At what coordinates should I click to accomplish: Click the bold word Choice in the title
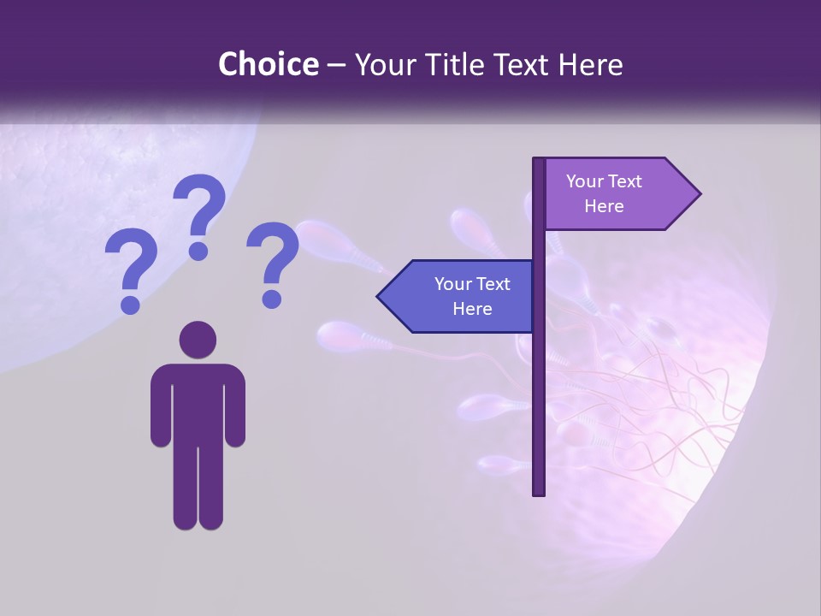[268, 65]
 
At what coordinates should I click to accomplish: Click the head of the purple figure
[198, 340]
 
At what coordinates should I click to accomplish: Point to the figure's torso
[198, 402]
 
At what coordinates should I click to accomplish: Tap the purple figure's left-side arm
[161, 406]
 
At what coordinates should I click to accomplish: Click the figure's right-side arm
[234, 406]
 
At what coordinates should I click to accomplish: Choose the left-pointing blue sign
[462, 296]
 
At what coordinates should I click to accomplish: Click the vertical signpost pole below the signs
[538, 411]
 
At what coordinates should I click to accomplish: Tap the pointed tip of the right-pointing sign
[696, 194]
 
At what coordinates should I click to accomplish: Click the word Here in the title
[590, 65]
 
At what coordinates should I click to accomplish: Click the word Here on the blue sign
[472, 309]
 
